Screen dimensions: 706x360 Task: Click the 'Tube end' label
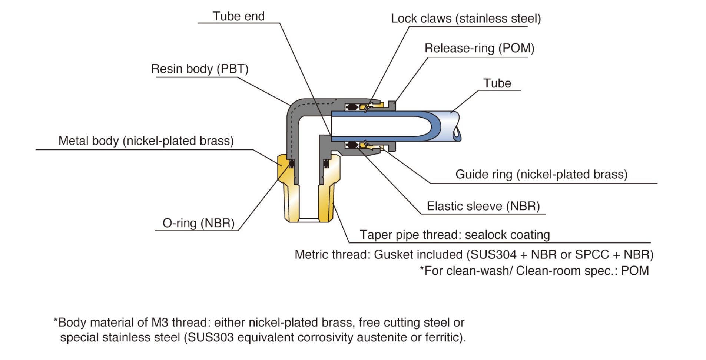tap(239, 16)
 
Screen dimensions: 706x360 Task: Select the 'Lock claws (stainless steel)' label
tap(466, 18)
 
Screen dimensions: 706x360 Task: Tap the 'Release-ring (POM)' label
tap(480, 48)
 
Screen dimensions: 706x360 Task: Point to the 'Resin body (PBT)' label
tap(200, 69)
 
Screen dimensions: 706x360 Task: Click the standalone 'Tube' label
tap(497, 83)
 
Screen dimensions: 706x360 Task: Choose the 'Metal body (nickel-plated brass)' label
tap(146, 141)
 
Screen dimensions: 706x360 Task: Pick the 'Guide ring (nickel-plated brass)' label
tap(541, 174)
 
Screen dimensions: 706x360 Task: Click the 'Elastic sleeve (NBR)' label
tap(483, 206)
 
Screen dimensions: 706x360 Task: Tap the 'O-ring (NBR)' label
tap(199, 223)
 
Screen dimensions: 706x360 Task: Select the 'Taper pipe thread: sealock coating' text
tap(455, 235)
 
